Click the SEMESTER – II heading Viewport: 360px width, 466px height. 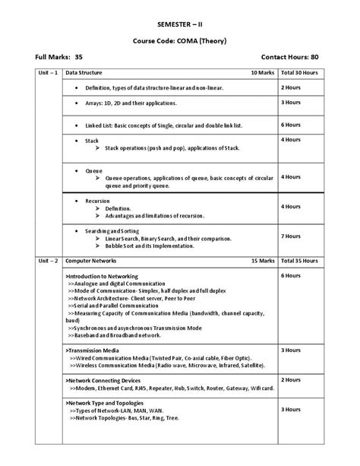pos(180,24)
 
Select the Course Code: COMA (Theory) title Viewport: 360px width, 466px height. pos(180,40)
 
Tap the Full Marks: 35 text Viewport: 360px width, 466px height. pos(59,57)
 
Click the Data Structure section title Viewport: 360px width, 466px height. pos(83,73)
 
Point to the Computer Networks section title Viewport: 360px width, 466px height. pos(90,260)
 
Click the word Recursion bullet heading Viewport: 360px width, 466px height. pos(97,201)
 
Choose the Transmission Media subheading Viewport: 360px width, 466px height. pos(96,350)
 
